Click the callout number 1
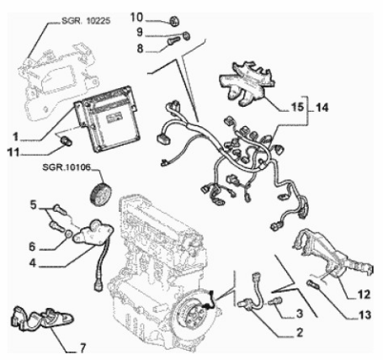coord(15,137)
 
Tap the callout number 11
coord(13,153)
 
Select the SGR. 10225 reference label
coord(86,21)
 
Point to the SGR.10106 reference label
coord(66,167)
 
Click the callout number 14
coord(322,108)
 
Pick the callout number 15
coord(298,107)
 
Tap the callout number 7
coord(82,348)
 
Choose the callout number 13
coord(365,315)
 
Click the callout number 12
coord(364,294)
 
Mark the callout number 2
coord(300,333)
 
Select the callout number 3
coord(300,314)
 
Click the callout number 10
coord(136,18)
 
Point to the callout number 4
coord(33,263)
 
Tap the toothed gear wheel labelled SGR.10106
coord(100,194)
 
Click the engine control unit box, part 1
coord(107,119)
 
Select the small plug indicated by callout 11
coord(66,140)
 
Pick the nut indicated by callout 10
coord(175,21)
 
